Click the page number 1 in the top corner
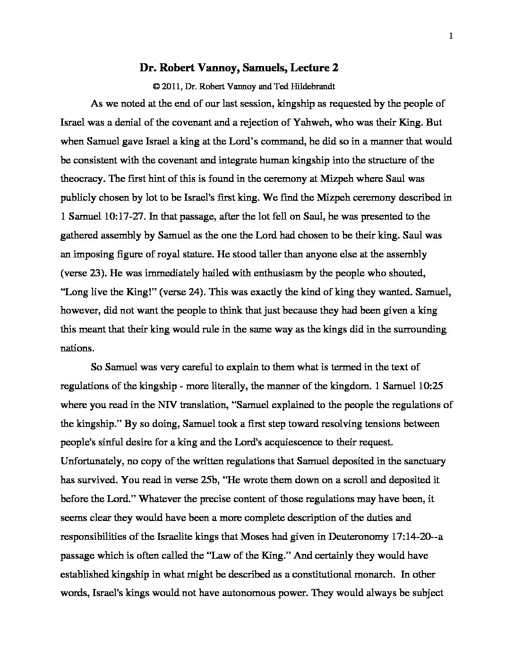tap(451, 36)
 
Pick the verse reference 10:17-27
tap(121, 216)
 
